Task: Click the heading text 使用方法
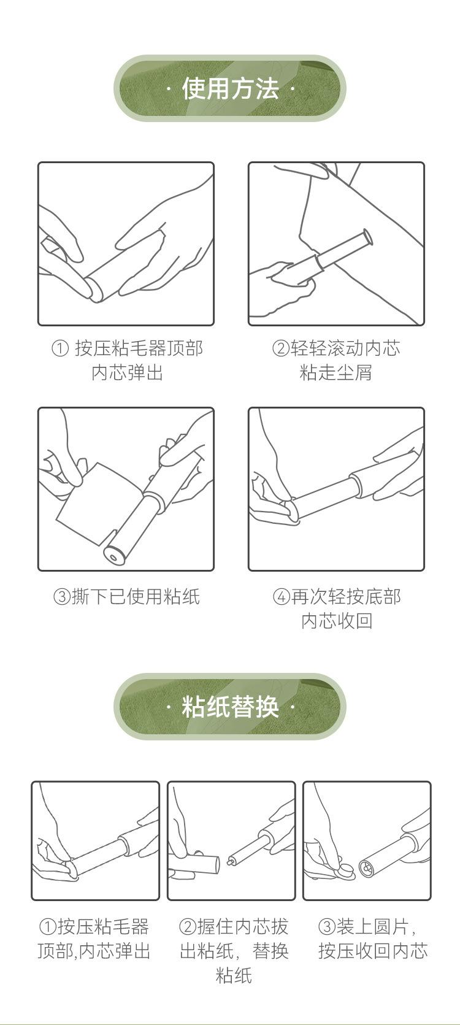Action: pos(230,88)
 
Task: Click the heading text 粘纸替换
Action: pos(230,707)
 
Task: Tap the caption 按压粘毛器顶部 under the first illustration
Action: pos(139,348)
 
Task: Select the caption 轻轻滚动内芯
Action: pos(345,348)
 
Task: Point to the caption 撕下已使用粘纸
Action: pos(136,597)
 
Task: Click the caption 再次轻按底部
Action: pos(346,597)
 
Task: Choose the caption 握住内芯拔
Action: pos(243,927)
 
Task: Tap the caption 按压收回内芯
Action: pos(373,951)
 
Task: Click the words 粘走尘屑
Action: pos(335,372)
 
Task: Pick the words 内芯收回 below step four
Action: pos(337,621)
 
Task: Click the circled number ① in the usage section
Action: pos(60,348)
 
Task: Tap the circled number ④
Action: pos(282,597)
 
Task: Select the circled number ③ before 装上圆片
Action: pos(328,927)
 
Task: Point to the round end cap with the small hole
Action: pos(114,555)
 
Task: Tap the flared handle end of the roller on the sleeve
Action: pos(367,238)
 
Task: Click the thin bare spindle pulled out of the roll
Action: pos(243,853)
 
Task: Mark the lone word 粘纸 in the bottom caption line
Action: pos(234,975)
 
